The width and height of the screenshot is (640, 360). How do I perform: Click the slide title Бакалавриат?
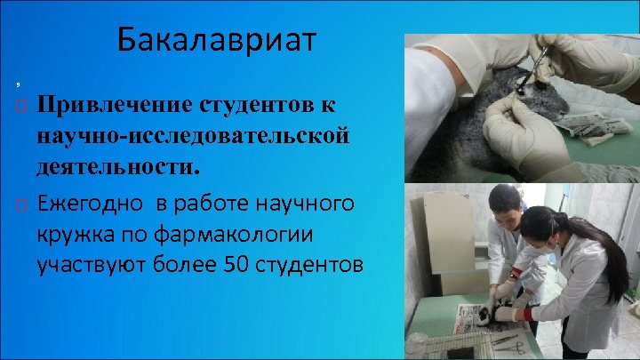[216, 40]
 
